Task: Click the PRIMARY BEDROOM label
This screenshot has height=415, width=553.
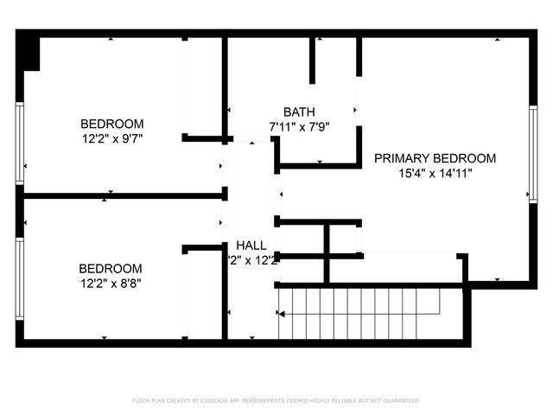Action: [435, 158]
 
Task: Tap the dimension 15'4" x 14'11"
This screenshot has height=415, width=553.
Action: [435, 173]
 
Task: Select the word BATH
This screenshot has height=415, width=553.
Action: [299, 112]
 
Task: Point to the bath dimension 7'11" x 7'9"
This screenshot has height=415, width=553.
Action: [299, 126]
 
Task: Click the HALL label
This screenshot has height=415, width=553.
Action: [251, 246]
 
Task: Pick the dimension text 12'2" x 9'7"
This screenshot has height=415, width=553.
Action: [112, 137]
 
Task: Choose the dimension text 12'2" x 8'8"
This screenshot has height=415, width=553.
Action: [111, 282]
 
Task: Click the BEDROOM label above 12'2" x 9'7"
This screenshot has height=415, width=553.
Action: [112, 124]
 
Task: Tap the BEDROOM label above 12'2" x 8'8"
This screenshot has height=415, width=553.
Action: [111, 268]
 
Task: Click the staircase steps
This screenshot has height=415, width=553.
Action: [363, 314]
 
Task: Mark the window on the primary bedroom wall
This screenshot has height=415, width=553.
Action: [532, 151]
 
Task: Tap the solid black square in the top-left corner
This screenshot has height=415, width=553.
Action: [29, 52]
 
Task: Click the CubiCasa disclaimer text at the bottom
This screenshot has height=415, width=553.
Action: [276, 400]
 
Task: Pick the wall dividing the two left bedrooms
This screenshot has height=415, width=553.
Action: [121, 196]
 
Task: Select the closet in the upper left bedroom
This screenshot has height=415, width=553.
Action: [204, 86]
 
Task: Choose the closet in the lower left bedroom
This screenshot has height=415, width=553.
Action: [204, 294]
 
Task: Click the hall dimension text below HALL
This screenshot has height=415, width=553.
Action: [251, 259]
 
